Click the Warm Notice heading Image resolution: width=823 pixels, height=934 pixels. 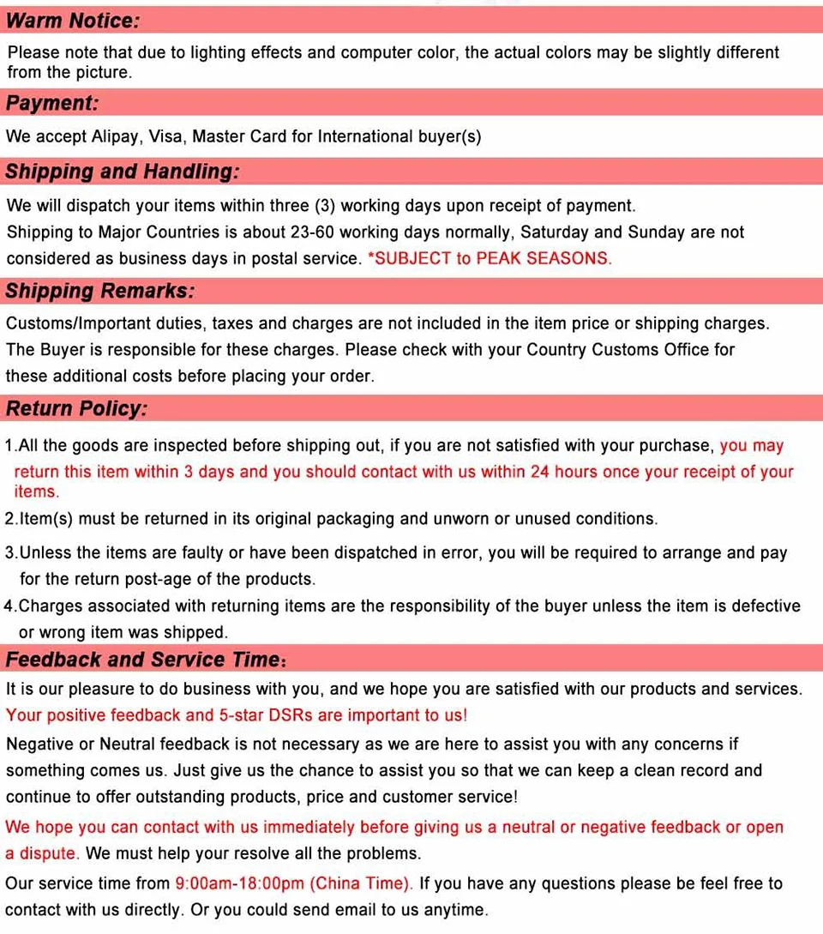(x=73, y=20)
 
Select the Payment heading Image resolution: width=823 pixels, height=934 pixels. (x=52, y=104)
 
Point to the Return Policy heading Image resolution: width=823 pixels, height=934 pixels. (x=77, y=409)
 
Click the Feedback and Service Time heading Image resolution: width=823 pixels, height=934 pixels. (x=143, y=660)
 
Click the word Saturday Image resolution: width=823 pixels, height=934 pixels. (x=555, y=232)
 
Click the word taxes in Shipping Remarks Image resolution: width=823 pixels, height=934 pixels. (x=233, y=324)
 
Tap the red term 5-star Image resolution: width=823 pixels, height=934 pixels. (x=243, y=715)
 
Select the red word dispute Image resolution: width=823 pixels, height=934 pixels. (x=49, y=854)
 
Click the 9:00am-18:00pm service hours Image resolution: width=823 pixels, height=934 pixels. (x=240, y=883)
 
